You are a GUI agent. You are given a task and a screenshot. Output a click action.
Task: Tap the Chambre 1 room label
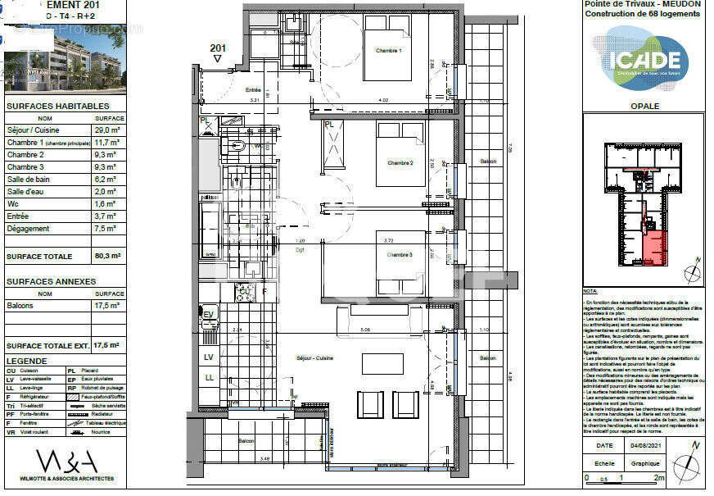[388, 51]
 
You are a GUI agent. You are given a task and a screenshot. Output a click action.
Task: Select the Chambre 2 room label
[400, 162]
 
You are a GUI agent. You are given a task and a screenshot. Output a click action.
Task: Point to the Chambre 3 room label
[400, 254]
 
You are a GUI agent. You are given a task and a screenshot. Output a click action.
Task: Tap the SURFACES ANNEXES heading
[51, 281]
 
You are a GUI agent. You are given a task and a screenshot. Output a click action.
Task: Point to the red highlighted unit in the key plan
[653, 248]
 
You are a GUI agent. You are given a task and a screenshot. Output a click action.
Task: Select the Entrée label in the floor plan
[252, 90]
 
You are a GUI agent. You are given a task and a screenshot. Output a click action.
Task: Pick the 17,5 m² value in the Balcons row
[109, 305]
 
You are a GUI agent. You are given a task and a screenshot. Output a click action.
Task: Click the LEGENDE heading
[27, 361]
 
